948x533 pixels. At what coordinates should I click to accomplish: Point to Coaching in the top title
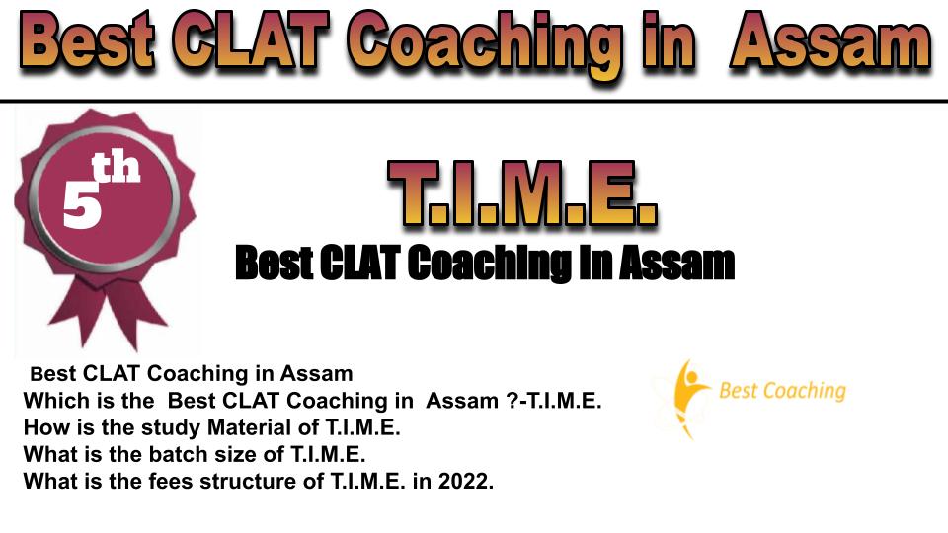484,45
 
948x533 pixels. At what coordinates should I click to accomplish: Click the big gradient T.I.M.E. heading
522,193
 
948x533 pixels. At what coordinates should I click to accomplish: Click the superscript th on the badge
116,168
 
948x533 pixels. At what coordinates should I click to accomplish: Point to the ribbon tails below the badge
108,313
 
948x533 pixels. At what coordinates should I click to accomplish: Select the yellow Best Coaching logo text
782,391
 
